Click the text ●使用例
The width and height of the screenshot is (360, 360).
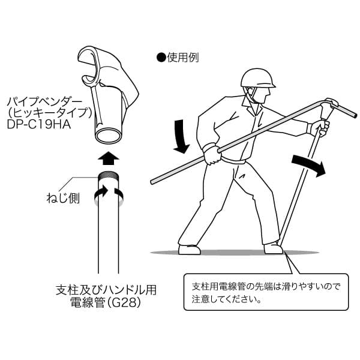click(177, 58)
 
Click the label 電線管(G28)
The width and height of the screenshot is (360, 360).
click(105, 304)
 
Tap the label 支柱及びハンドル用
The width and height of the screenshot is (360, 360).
click(105, 290)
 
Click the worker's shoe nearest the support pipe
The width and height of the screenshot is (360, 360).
click(273, 248)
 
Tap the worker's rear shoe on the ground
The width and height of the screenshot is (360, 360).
click(189, 249)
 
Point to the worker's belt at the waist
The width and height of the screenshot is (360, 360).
click(237, 161)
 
